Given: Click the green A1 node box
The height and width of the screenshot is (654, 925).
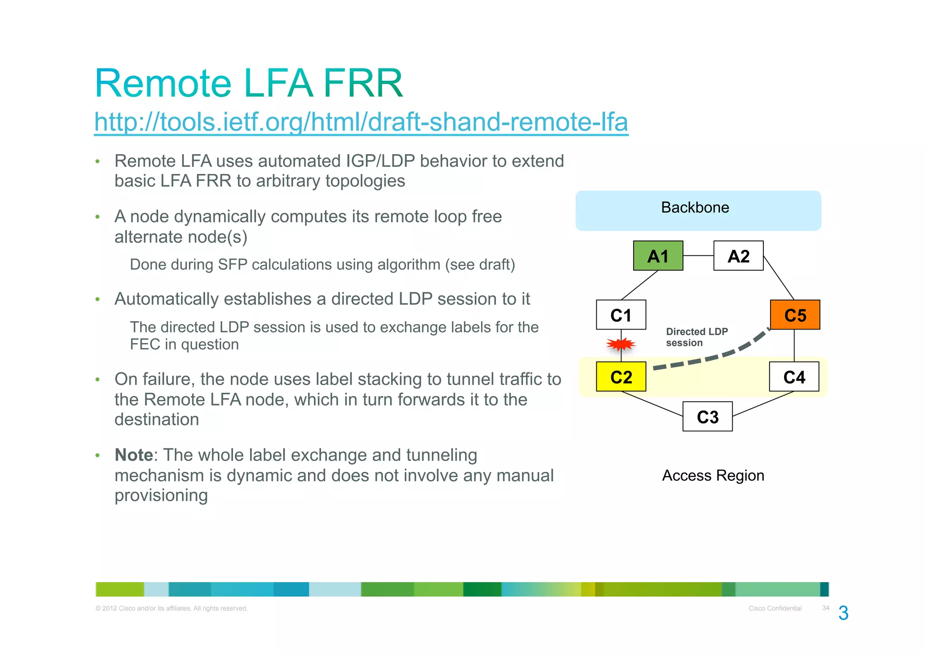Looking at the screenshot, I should point(658,256).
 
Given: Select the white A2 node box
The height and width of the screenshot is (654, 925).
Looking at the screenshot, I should point(738,256).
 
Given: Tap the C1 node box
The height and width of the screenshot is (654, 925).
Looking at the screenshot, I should point(621,315).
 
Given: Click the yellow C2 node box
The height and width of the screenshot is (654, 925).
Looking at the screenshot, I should point(621,376).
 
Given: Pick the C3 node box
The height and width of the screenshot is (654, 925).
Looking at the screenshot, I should point(707,416).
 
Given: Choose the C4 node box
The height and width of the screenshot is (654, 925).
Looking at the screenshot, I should point(794,376).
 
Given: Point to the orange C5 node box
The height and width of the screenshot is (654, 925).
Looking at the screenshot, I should point(794,315).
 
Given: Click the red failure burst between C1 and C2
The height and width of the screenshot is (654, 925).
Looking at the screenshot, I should point(621,345).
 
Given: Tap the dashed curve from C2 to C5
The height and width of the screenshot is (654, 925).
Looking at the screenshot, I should point(714,358).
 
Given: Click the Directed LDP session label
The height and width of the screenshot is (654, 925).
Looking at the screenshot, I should point(696,337).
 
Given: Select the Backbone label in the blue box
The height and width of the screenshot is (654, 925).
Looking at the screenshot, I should point(695,207).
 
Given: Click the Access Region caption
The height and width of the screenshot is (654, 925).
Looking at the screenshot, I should point(713,475).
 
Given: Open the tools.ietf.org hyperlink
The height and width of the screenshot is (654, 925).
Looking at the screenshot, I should point(361,122).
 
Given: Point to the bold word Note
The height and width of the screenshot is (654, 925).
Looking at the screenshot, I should point(134,455).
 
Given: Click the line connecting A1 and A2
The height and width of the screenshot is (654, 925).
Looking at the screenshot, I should point(698,256).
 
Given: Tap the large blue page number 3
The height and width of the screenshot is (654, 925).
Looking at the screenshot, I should point(843,613).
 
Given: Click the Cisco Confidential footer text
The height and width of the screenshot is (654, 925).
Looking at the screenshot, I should point(775,608).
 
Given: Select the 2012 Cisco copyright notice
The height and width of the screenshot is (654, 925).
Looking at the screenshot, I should point(172,608).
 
